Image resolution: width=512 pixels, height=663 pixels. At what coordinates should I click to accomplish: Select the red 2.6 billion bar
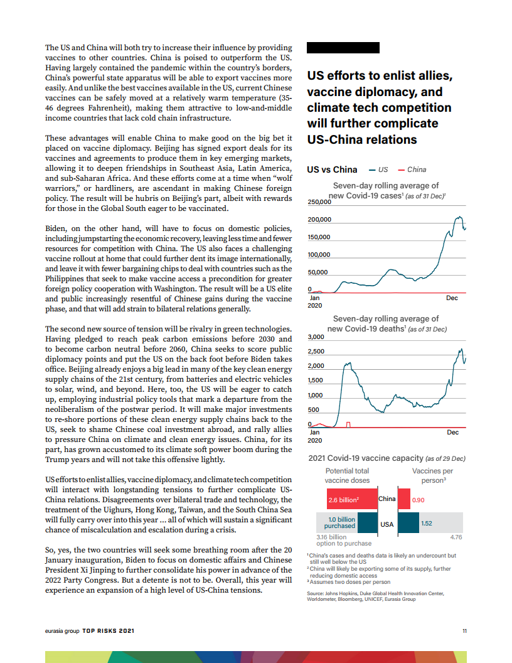(351, 500)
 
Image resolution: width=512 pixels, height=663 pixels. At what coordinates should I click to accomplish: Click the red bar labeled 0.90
(405, 500)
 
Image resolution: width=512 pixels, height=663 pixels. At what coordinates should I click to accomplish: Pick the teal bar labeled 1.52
(409, 522)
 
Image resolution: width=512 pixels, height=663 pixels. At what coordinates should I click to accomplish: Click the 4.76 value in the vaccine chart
(456, 537)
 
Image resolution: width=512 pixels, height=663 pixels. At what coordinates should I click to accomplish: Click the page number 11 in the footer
(464, 631)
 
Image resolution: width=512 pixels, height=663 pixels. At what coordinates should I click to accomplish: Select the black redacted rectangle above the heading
(343, 48)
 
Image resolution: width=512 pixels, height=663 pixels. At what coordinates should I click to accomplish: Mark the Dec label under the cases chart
(452, 298)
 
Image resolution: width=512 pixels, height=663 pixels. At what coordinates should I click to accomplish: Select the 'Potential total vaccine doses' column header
(347, 475)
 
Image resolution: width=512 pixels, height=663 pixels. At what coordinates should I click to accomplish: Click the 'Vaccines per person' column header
(432, 475)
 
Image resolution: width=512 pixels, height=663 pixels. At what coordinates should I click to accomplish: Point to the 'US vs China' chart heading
(332, 170)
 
